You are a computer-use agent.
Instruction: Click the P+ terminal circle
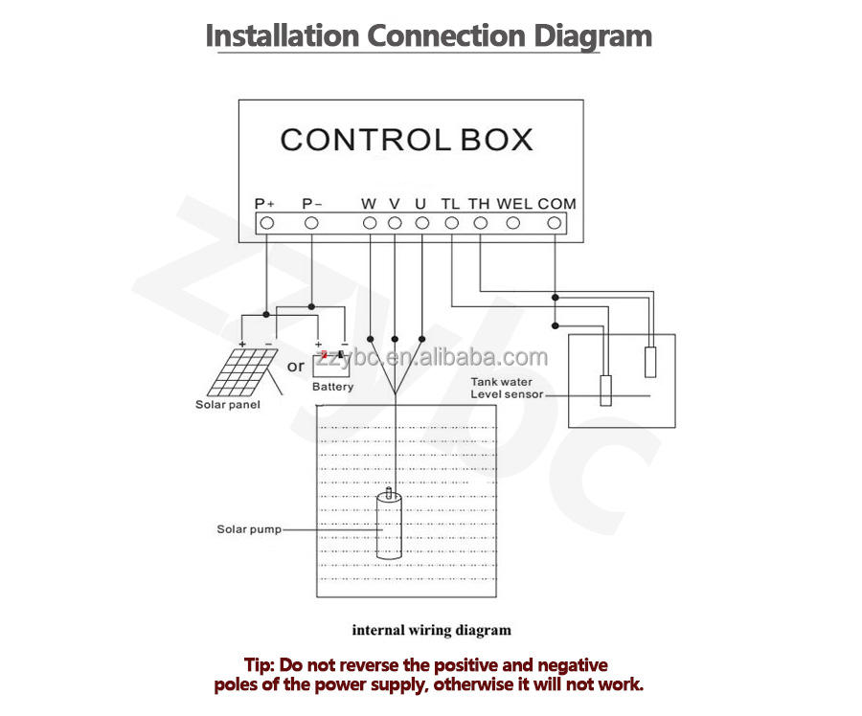click(267, 223)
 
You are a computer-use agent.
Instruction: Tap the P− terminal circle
click(311, 223)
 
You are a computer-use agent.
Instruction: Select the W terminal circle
click(370, 223)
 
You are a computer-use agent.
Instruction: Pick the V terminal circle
click(395, 223)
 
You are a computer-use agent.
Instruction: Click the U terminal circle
click(421, 223)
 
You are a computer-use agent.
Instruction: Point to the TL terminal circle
click(452, 223)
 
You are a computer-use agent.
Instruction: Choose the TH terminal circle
click(480, 223)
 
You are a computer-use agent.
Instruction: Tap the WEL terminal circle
click(513, 223)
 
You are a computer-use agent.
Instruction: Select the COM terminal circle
click(554, 223)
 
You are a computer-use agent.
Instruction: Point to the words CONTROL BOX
click(406, 140)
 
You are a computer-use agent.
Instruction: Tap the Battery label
click(332, 387)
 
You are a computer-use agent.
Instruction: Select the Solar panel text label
click(227, 404)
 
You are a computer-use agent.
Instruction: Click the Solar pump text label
click(249, 529)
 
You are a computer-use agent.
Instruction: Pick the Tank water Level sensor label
click(507, 389)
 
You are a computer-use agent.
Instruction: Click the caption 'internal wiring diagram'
click(431, 630)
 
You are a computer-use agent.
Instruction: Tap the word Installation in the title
click(283, 36)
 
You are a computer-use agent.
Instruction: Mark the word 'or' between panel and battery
click(296, 366)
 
